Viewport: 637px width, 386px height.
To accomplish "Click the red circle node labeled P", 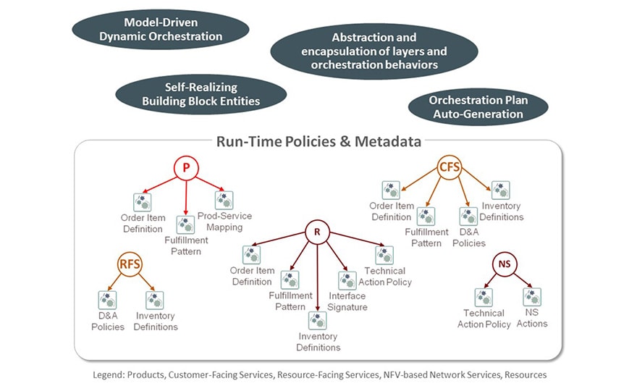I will (186, 168).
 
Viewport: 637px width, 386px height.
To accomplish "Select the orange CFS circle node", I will (450, 168).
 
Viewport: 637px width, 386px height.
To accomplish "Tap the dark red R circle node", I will (317, 232).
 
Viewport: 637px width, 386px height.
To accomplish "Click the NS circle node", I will (505, 264).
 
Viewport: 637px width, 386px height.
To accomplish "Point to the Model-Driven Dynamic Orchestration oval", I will (160, 29).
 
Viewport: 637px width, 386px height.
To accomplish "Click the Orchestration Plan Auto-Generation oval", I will (478, 107).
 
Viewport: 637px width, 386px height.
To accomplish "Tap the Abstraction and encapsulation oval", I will (374, 51).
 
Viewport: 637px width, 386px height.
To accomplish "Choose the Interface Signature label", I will (347, 301).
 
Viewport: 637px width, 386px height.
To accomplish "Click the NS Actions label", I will (532, 318).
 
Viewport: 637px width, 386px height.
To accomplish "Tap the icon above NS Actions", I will (532, 297).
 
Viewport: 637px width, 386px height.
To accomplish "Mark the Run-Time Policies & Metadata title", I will (318, 142).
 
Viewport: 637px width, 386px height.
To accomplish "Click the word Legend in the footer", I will (109, 375).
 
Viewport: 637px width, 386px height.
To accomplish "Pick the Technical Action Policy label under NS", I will (484, 319).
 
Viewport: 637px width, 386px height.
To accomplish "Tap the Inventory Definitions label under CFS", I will (500, 211).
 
